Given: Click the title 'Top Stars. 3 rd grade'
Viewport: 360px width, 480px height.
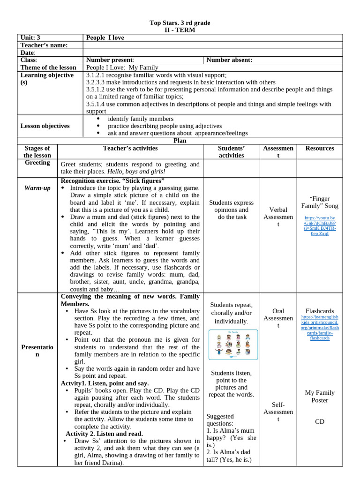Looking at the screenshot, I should (180, 22).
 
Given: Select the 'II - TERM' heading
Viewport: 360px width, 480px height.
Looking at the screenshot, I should (180, 30).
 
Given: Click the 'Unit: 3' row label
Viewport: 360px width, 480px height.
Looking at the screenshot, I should (30, 37).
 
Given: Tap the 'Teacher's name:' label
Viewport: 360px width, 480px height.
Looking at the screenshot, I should (44, 45).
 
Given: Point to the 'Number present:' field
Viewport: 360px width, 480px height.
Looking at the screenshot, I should (110, 60).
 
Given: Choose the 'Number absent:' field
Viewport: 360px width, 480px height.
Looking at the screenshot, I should (229, 60).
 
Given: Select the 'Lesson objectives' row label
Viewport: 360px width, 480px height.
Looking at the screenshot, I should (45, 126).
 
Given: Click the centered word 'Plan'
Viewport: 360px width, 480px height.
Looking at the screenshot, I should (180, 140).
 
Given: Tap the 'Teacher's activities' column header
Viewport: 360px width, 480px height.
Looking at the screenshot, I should (130, 148).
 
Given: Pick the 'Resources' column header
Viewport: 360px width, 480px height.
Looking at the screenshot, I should (320, 148).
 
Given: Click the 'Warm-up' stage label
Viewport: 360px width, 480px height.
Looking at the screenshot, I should (37, 188).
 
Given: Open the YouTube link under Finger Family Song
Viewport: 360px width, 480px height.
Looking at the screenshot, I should (320, 225).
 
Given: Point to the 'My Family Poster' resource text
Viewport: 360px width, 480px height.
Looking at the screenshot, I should (320, 397).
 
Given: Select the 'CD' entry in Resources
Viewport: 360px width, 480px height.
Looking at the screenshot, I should (320, 422).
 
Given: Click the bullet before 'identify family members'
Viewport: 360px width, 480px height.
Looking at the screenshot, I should (98, 119).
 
